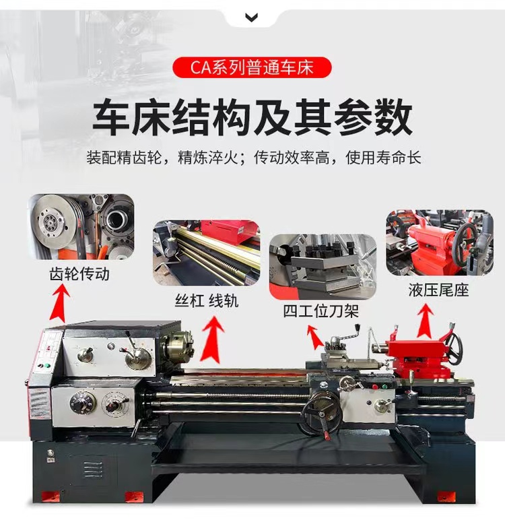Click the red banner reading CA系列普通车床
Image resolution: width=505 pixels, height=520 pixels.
click(252, 67)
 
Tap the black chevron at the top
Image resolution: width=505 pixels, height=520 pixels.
click(252, 18)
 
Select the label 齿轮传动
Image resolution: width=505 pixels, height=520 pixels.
click(79, 274)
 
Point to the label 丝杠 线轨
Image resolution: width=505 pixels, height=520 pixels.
click(206, 301)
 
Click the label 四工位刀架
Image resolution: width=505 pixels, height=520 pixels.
click(321, 311)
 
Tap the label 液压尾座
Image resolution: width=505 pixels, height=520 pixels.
click(438, 290)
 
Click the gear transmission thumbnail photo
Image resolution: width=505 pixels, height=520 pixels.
click(81, 227)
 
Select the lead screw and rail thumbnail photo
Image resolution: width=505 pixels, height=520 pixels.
click(206, 253)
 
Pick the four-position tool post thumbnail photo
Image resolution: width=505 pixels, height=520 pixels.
click(323, 267)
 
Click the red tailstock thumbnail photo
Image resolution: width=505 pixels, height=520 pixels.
click(440, 242)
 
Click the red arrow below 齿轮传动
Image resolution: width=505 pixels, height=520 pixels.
click(60, 303)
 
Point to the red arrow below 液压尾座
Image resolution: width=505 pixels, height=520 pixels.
click(426, 321)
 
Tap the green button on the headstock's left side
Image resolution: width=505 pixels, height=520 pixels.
click(47, 366)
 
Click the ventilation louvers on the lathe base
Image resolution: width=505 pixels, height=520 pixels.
click(93, 469)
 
